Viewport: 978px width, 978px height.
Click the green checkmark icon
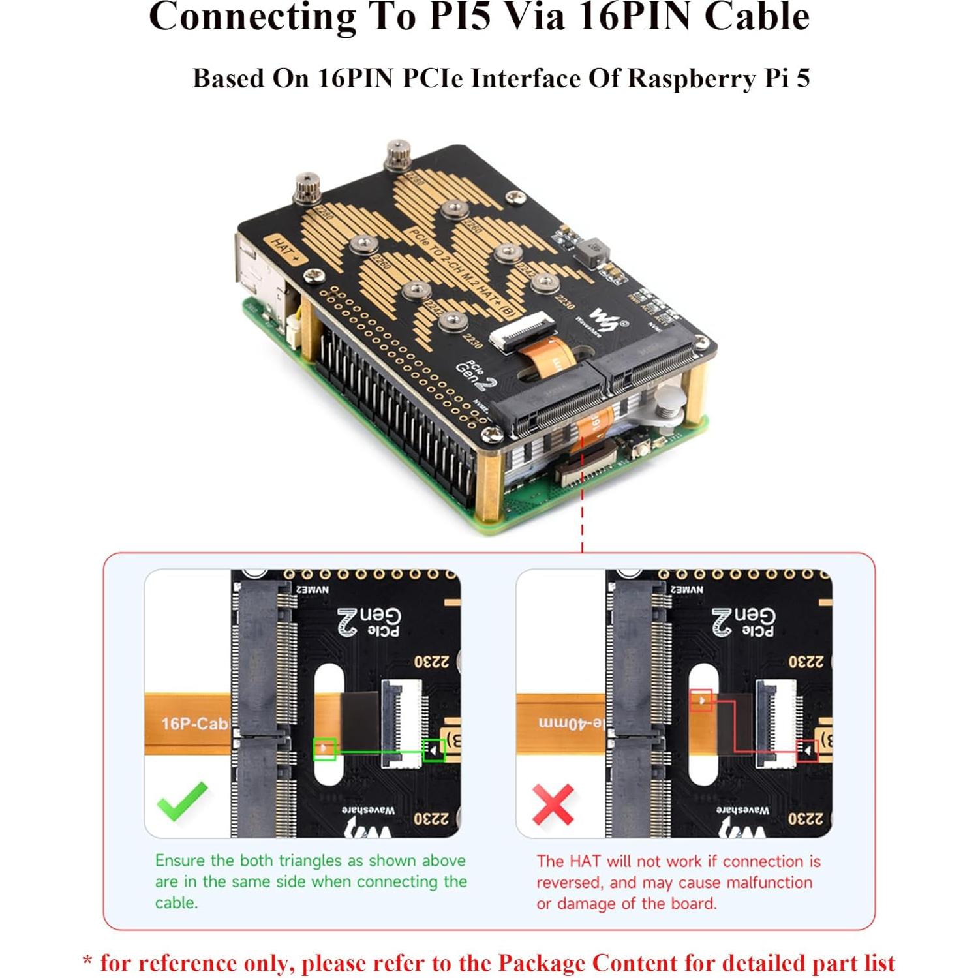coord(182,801)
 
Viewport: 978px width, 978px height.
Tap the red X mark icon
coord(553,804)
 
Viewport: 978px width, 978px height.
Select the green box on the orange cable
coord(324,749)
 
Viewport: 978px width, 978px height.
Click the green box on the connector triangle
coord(433,750)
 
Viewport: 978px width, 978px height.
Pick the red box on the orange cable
coord(701,700)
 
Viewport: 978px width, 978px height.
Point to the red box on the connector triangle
coord(807,751)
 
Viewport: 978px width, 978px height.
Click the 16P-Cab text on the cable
coord(194,724)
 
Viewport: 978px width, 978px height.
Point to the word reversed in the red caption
coord(570,883)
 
